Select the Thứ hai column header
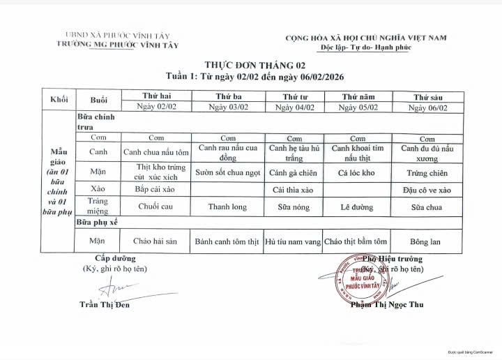pyautogui.click(x=156, y=96)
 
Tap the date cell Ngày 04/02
pyautogui.click(x=295, y=107)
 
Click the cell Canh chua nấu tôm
pyautogui.click(x=156, y=151)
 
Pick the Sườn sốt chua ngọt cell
pyautogui.click(x=228, y=172)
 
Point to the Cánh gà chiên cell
pyautogui.click(x=294, y=172)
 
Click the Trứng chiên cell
pyautogui.click(x=427, y=172)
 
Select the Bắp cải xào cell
pyautogui.click(x=155, y=189)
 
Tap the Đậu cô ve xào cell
pyautogui.click(x=427, y=189)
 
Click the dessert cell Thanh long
pyautogui.click(x=227, y=207)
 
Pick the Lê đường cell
pyautogui.click(x=357, y=207)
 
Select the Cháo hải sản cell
pyautogui.click(x=155, y=241)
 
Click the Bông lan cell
pyautogui.click(x=427, y=241)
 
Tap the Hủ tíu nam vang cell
pyautogui.click(x=294, y=241)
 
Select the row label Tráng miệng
pyautogui.click(x=98, y=206)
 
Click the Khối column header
pyautogui.click(x=59, y=100)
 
